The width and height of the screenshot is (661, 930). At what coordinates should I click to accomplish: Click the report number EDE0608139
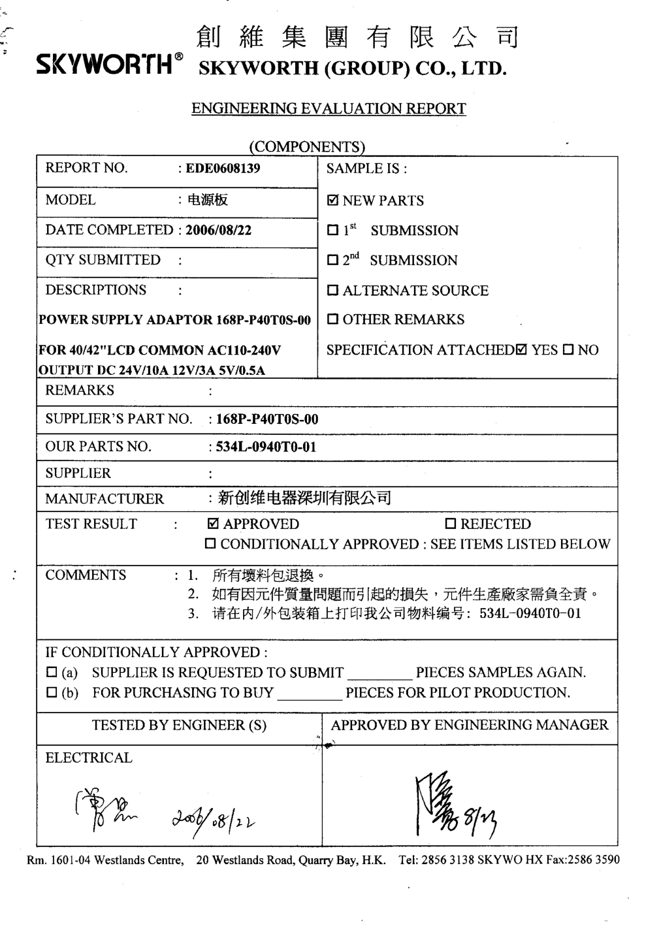[x=223, y=168]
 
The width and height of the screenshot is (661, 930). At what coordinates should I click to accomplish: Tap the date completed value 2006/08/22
[x=218, y=230]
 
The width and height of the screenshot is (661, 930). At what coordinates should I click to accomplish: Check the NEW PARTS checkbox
[x=333, y=201]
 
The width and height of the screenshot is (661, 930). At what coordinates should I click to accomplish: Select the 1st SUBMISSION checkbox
[x=333, y=231]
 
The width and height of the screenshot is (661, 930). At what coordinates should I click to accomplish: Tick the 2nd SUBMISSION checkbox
[x=333, y=261]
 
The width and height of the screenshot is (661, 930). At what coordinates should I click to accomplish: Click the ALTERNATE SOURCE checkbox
[x=333, y=291]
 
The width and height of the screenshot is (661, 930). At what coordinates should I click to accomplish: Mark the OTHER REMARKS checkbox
[x=333, y=320]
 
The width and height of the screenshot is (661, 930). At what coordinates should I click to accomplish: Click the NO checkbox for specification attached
[x=568, y=350]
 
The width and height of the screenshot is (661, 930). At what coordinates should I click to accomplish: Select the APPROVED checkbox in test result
[x=213, y=524]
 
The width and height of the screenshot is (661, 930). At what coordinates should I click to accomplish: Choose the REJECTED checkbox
[x=450, y=524]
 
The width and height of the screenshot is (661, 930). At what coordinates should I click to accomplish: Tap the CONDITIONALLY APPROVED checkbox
[x=210, y=545]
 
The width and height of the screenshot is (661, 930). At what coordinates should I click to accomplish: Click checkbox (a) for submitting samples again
[x=52, y=673]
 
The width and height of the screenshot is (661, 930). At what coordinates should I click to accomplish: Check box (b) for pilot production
[x=52, y=693]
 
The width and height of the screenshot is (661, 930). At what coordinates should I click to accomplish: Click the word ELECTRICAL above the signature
[x=88, y=758]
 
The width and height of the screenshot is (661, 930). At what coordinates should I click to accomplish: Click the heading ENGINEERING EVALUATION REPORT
[x=329, y=108]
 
